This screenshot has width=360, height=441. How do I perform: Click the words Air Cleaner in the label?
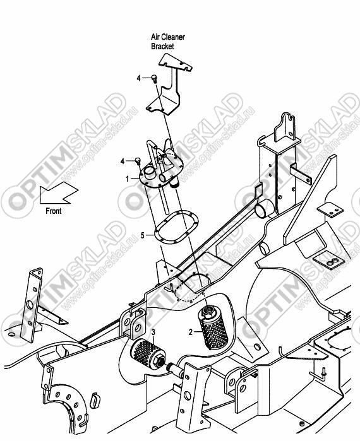168,37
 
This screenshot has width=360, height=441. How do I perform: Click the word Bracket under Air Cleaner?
162,47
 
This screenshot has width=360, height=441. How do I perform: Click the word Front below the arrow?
54,211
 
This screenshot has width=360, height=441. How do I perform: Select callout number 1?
128,179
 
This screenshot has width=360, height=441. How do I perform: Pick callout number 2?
191,332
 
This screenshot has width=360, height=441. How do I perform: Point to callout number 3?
153,332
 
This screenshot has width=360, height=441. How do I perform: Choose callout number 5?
143,235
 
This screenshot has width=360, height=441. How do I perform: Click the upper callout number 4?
138,78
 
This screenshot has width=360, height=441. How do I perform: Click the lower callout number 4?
123,162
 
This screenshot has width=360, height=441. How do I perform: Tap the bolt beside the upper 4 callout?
154,78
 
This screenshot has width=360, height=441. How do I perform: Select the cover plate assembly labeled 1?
161,172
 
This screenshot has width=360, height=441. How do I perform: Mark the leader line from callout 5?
150,233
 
